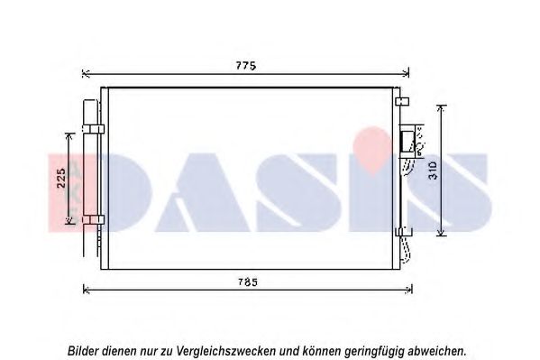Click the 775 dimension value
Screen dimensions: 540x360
pyautogui.click(x=246, y=66)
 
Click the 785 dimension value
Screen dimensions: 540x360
pyautogui.click(x=248, y=282)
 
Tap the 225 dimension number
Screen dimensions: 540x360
pyautogui.click(x=61, y=178)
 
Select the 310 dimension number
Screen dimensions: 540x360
pyautogui.click(x=433, y=171)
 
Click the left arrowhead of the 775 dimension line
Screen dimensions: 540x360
pyautogui.click(x=86, y=73)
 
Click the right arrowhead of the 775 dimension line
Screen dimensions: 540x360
pyautogui.click(x=406, y=73)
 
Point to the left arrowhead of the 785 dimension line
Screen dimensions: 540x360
pyautogui.click(x=87, y=290)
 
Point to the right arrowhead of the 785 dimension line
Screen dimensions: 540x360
pyautogui.click(x=408, y=290)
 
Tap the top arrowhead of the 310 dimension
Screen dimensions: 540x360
pyautogui.click(x=441, y=108)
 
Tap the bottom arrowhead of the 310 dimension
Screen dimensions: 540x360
pyautogui.click(x=441, y=233)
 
